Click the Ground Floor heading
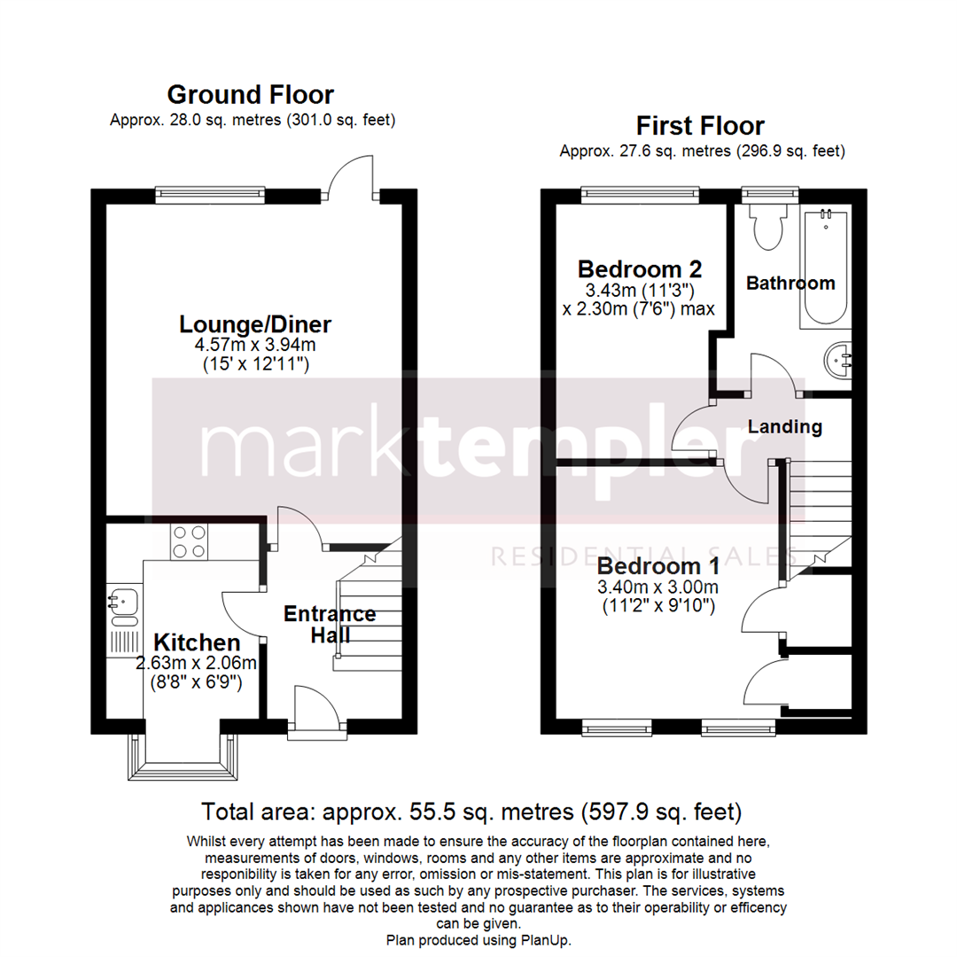(x=251, y=95)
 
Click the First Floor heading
(x=701, y=126)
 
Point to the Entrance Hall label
(x=329, y=624)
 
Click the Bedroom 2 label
(x=626, y=268)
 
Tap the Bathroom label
(x=790, y=284)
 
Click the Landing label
(x=785, y=427)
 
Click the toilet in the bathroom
(x=763, y=227)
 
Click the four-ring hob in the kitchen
(x=188, y=541)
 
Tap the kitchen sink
(x=123, y=602)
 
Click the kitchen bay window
(x=184, y=758)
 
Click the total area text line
(x=471, y=811)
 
